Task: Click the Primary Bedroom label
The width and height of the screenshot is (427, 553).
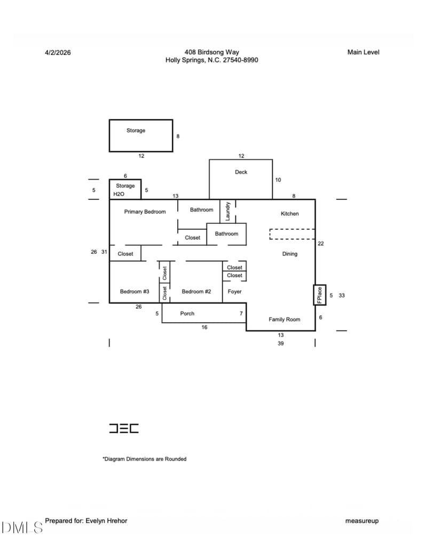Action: pos(145,212)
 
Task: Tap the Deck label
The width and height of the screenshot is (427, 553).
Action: pos(241,172)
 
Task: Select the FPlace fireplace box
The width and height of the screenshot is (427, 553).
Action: pos(320,295)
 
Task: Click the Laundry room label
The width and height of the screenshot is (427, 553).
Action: pos(228,211)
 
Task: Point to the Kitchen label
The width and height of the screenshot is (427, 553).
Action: pos(290,214)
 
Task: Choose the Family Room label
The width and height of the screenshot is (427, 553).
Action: pos(284,320)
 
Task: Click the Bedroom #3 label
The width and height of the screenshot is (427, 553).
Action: pos(135,291)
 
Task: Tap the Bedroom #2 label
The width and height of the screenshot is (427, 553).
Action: pos(196,291)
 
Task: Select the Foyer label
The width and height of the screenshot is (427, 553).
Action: pos(234,292)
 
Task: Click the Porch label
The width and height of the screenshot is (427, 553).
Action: pos(187,314)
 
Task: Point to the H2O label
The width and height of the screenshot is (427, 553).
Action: pos(118,194)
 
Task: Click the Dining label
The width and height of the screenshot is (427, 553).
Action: pos(290,254)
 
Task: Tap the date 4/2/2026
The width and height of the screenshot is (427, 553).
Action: pos(58,52)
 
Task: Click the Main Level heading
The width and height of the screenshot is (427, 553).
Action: pos(363,52)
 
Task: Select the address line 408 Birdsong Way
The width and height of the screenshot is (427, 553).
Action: pos(212,52)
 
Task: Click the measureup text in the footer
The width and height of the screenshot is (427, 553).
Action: pos(362,520)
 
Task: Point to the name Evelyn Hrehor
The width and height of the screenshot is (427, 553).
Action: pos(106,520)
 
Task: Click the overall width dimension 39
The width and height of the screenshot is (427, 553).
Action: pos(281,344)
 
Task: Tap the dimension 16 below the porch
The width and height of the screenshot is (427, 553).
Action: pos(204,327)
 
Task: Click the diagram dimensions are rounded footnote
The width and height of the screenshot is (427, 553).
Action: pos(145,459)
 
